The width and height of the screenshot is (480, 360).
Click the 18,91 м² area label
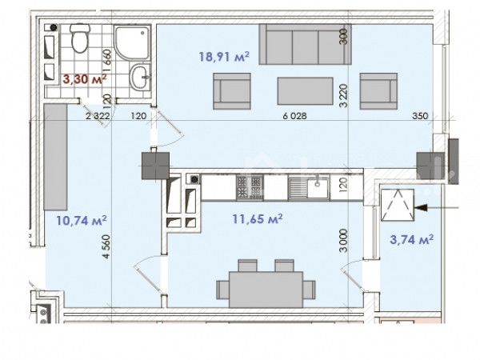(224, 57)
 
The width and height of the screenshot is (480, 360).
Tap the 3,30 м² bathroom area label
(85, 79)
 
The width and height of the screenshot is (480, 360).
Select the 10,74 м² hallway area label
(82, 220)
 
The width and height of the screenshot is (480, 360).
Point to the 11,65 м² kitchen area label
(257, 219)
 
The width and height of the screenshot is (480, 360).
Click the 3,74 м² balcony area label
(412, 239)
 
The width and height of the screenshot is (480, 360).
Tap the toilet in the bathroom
(80, 38)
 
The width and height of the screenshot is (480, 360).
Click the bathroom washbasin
(140, 77)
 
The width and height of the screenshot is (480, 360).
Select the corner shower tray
(132, 42)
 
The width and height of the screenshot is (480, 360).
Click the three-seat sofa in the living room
(306, 44)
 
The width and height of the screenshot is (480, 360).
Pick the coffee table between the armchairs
(306, 91)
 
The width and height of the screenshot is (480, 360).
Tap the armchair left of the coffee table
(232, 91)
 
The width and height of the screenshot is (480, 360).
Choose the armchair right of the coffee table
(378, 91)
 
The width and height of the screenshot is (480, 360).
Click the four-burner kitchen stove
(250, 187)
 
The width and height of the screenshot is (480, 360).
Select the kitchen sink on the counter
(309, 187)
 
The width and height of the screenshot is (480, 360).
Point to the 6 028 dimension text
(294, 116)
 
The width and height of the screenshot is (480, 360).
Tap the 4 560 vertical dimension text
(106, 246)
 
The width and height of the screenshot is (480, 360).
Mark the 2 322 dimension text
(98, 116)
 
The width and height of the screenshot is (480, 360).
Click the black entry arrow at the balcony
(436, 208)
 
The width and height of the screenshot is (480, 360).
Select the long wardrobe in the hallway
(55, 157)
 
